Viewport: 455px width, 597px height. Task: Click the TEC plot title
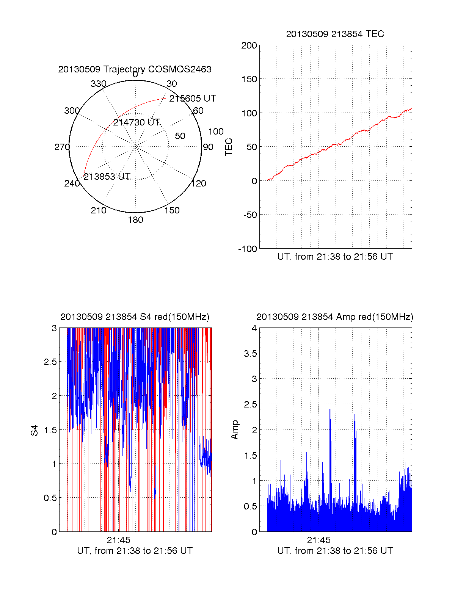point(335,34)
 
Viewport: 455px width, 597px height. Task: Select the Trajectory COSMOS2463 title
point(135,69)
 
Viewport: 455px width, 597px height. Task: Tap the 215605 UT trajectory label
point(193,99)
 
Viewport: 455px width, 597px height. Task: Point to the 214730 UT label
point(136,122)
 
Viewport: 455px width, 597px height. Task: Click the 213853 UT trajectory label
point(107,177)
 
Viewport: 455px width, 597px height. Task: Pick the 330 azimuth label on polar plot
point(98,84)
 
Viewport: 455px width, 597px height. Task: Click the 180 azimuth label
point(135,220)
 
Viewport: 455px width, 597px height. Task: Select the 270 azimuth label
point(62,147)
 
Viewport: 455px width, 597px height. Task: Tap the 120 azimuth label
point(199,184)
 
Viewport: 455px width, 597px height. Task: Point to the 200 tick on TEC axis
point(249,45)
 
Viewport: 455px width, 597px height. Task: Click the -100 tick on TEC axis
point(248,249)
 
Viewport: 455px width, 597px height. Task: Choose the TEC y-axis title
point(229,147)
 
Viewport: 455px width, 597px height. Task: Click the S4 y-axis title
point(35,430)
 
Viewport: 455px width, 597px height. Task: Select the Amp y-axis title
point(235,430)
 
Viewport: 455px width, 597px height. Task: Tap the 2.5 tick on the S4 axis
point(50,362)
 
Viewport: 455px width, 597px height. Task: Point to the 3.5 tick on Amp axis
point(250,354)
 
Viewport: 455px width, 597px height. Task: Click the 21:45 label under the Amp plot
point(318,540)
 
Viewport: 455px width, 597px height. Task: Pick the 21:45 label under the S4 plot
point(118,540)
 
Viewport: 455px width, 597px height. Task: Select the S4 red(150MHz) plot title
point(135,317)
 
